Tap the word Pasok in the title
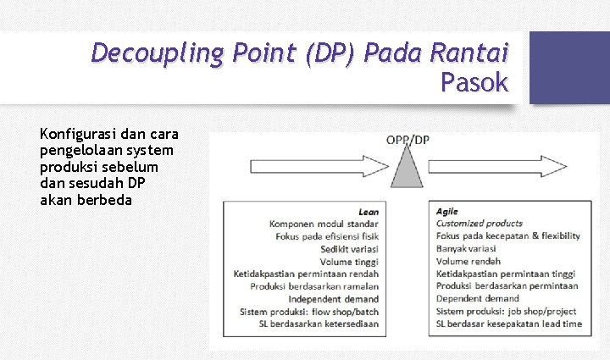[474, 83]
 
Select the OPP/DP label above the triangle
[408, 140]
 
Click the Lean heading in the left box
[369, 211]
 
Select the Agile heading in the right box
[447, 211]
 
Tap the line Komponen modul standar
[324, 224]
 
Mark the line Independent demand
[333, 299]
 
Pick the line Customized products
[480, 224]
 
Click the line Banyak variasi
[466, 249]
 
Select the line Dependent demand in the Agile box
[477, 299]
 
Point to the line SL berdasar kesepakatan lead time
[508, 324]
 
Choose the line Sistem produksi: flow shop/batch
[309, 312]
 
